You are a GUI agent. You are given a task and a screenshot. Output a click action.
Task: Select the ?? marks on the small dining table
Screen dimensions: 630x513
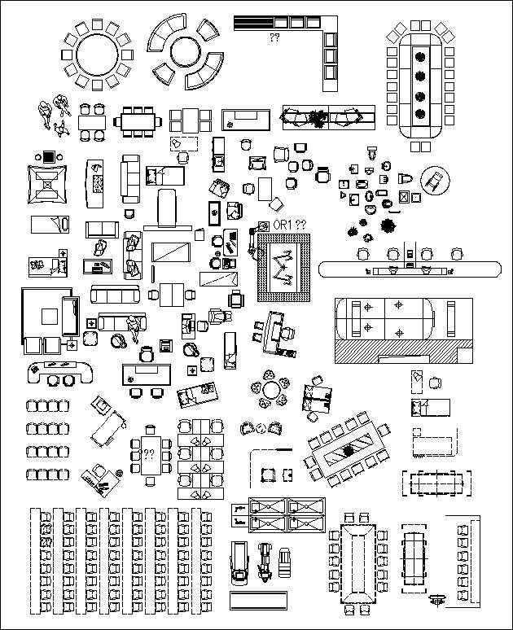point(149,454)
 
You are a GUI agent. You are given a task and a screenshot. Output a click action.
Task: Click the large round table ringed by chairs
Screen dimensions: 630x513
point(97,53)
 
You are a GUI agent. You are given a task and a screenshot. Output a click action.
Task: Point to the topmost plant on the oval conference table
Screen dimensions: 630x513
point(420,56)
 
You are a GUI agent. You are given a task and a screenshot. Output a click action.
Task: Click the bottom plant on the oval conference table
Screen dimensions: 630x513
point(420,116)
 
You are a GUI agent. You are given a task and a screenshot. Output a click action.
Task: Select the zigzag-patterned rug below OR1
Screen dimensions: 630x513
point(284,265)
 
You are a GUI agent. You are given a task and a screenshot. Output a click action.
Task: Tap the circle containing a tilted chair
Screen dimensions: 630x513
point(434,180)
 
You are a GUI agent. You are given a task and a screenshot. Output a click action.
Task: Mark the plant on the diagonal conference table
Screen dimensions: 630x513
point(349,448)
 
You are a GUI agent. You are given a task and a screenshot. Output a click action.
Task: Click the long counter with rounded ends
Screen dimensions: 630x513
point(408,268)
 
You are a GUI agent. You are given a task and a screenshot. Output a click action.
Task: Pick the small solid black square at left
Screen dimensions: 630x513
point(48,156)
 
